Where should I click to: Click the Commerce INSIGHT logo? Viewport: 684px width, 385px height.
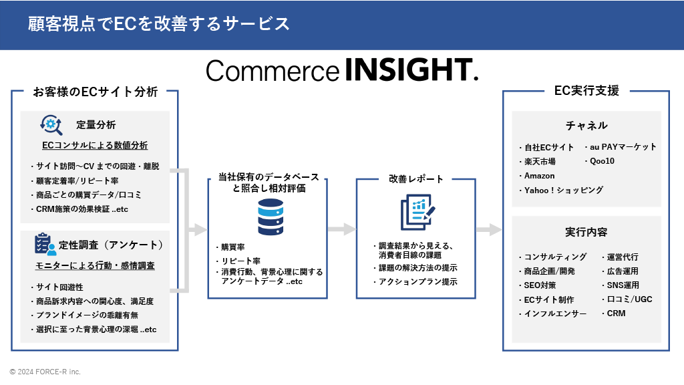tap(342, 70)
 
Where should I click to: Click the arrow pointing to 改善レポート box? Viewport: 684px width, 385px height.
tap(342, 229)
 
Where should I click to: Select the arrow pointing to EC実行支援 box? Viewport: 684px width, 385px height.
tap(489, 229)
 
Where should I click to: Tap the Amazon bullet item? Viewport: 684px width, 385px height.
tap(539, 176)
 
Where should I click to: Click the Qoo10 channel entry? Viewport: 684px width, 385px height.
tap(601, 161)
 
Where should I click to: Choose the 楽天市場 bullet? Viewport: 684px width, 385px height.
tap(539, 161)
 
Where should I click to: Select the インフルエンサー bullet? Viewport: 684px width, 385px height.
tap(555, 313)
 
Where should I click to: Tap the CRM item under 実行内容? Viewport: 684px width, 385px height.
tap(615, 313)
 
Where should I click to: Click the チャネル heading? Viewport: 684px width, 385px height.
tap(586, 125)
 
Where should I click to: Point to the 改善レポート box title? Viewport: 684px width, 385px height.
tap(416, 178)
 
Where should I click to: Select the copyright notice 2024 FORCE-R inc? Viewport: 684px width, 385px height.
tap(45, 372)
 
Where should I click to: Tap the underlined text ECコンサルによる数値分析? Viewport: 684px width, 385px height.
tap(95, 145)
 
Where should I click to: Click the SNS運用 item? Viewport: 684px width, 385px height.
tap(622, 285)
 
